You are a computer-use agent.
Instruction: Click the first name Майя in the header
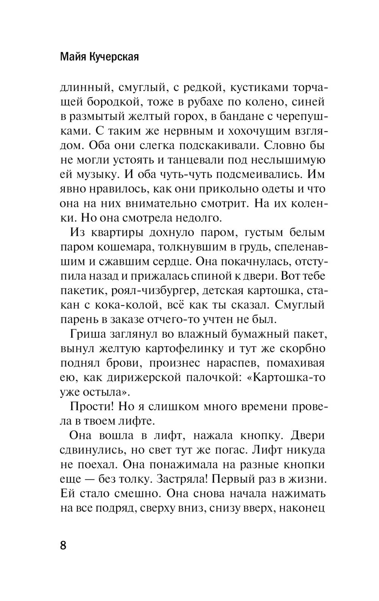(73, 57)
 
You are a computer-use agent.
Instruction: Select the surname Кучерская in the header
(114, 57)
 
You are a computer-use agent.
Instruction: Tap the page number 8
(63, 545)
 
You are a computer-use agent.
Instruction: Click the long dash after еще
(91, 479)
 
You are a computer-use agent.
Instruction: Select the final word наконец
(303, 508)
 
